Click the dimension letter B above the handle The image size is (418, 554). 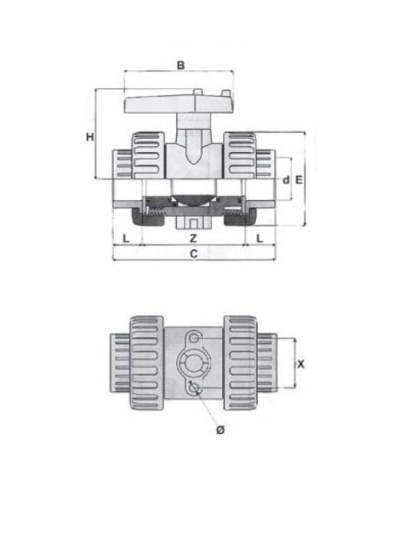pyautogui.click(x=181, y=65)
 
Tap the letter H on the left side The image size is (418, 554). pyautogui.click(x=90, y=137)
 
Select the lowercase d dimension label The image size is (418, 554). pyautogui.click(x=285, y=180)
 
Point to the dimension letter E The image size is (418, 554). pyautogui.click(x=299, y=180)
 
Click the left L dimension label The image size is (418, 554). pyautogui.click(x=126, y=238)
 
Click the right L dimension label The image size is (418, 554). pyautogui.click(x=260, y=238)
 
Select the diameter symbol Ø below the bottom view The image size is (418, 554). pyautogui.click(x=220, y=432)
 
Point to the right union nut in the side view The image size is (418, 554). pyautogui.click(x=240, y=154)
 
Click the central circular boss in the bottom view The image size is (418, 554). pyautogui.click(x=192, y=363)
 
